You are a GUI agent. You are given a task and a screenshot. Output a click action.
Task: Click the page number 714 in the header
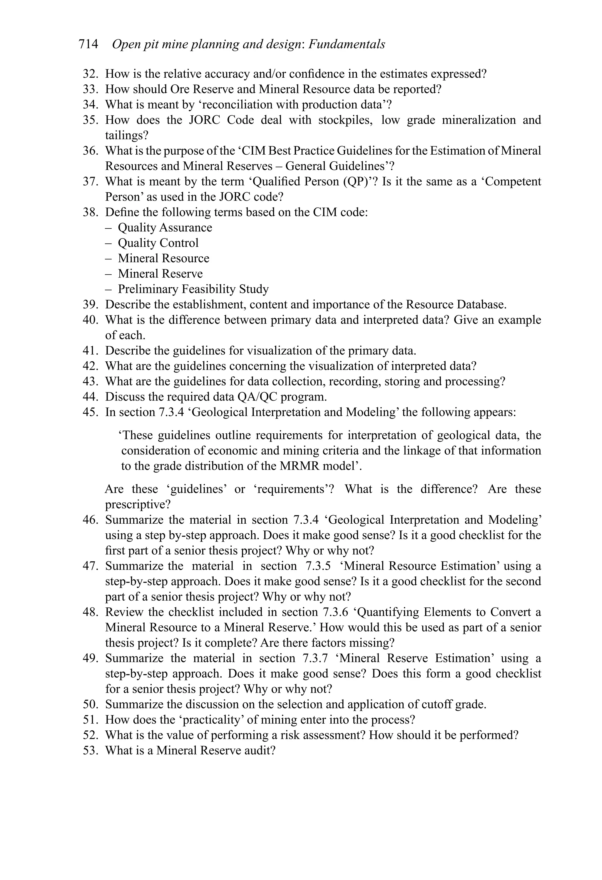click(88, 45)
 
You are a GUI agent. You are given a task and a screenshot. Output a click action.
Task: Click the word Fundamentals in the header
click(347, 45)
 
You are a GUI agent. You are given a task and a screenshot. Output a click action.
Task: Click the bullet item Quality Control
click(158, 243)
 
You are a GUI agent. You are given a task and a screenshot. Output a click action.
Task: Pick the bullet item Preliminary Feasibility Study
click(193, 289)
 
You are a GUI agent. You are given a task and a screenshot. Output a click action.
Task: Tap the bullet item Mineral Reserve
click(160, 274)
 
